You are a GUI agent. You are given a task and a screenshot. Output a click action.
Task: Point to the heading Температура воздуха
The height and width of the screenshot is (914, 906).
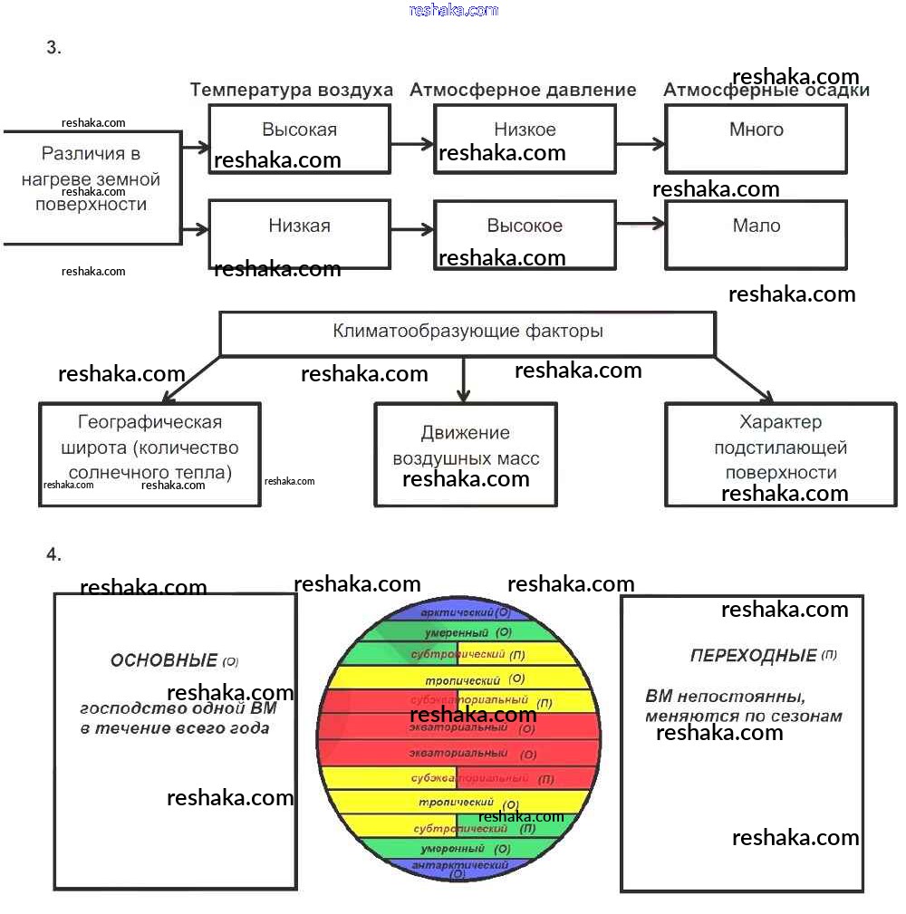[291, 90]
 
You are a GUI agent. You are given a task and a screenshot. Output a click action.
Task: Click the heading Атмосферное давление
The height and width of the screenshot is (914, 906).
[523, 90]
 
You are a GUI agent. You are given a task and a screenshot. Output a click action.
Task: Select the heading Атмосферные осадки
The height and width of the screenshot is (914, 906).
[766, 91]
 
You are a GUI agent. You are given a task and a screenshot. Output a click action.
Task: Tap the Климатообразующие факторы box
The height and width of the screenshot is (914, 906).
[467, 332]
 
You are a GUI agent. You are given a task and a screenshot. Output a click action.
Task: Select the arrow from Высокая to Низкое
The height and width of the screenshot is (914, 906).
[412, 143]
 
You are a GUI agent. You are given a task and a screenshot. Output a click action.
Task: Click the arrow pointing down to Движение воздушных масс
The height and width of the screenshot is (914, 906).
[464, 380]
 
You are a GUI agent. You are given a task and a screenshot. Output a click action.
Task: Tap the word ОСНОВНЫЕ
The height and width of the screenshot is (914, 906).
[163, 660]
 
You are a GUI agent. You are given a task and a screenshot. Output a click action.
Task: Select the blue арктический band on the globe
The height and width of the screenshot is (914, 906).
[458, 613]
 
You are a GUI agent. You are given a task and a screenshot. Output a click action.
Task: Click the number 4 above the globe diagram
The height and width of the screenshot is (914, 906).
[53, 554]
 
